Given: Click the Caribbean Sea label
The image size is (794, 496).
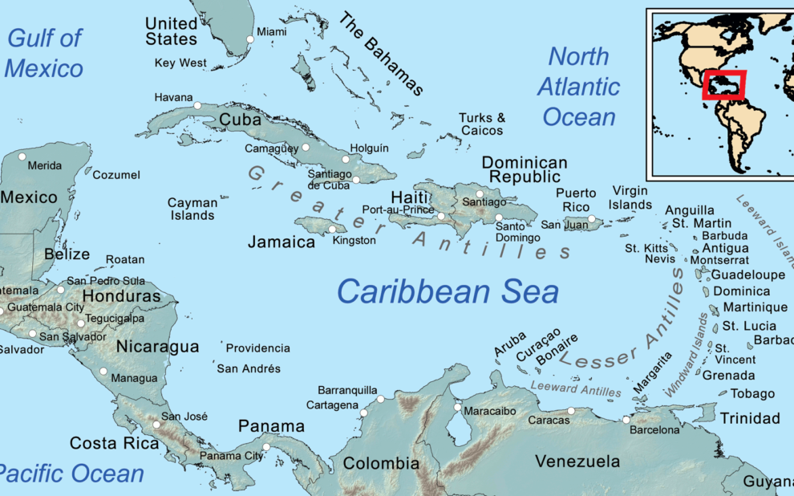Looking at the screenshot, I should coord(448,291).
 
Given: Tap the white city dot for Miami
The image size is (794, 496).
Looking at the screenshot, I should coord(250,39).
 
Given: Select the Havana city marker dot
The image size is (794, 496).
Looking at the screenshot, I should coord(197,105).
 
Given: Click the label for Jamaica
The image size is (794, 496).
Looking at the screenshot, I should coord(281,242).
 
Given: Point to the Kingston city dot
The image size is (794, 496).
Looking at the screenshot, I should coord(332,230).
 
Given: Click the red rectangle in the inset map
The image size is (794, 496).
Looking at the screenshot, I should coord(723,85).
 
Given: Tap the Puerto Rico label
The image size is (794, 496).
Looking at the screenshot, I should coord(576,200).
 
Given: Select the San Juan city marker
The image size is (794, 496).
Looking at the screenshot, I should coord(592,218).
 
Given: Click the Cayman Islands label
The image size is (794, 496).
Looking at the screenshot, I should coord(192,209).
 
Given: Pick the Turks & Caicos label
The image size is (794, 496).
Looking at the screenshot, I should coord(481,124).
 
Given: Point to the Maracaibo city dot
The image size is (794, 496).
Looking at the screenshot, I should coord(457,408).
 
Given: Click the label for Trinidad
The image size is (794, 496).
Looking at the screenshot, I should coord(749,418).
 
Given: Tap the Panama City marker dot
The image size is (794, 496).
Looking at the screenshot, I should coord(266,447).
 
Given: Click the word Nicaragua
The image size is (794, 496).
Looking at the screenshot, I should coord(157,347).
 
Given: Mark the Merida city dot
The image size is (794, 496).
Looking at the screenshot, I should coord(22,157).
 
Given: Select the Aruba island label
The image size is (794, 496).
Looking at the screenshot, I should coord(510,343).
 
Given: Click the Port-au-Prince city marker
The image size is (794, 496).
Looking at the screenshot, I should coord(441,216).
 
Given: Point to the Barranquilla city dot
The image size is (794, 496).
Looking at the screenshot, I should coord(380,399).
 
